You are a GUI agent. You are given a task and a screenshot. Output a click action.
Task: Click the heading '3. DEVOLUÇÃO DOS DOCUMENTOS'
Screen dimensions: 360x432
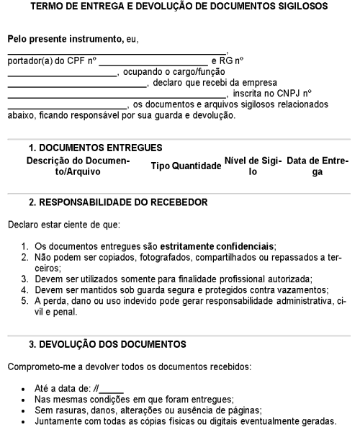pyautogui.click(x=106, y=344)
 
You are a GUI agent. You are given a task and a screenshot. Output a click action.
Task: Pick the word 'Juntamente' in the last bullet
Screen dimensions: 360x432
pyautogui.click(x=58, y=420)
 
